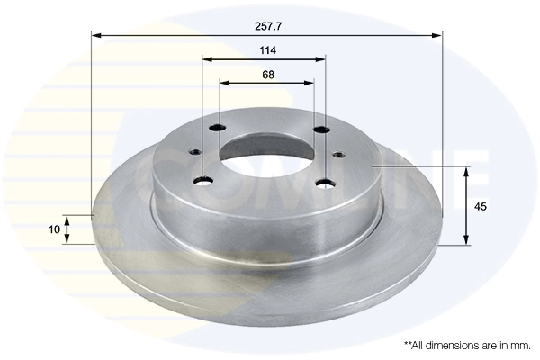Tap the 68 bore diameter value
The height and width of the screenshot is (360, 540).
click(x=267, y=74)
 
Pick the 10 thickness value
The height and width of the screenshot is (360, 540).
click(x=55, y=229)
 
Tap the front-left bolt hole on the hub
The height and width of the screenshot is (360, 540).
click(x=204, y=181)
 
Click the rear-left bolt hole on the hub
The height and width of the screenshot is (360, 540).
click(x=215, y=129)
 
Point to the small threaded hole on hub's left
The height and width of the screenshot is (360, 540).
click(x=192, y=151)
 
